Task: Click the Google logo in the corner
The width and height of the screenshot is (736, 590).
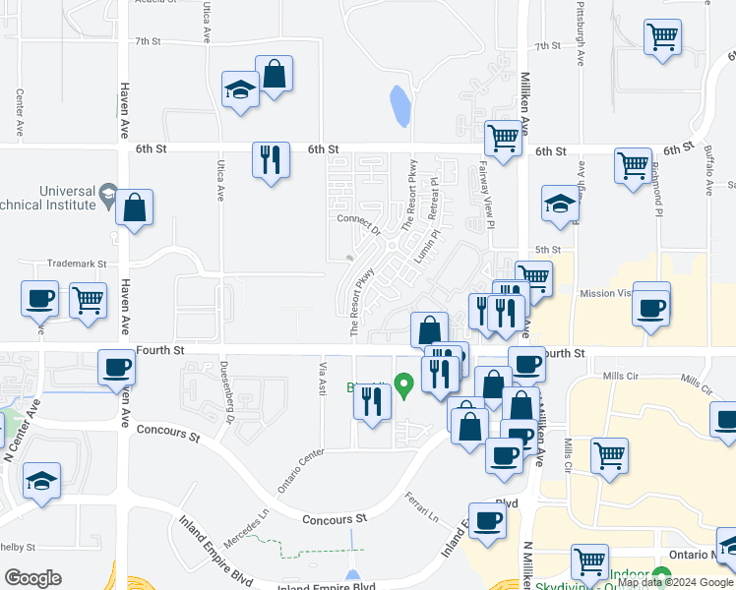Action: point(32,578)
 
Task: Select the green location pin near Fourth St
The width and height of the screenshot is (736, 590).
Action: point(402,383)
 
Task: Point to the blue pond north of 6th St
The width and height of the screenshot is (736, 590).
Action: point(399,106)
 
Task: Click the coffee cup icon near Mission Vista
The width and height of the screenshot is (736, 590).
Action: point(651,307)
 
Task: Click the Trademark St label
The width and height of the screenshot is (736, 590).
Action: point(76,265)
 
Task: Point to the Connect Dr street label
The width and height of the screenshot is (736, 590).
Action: point(358,224)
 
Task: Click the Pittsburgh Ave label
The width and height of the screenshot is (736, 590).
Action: point(580,39)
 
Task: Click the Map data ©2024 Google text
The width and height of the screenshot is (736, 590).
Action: point(674,582)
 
